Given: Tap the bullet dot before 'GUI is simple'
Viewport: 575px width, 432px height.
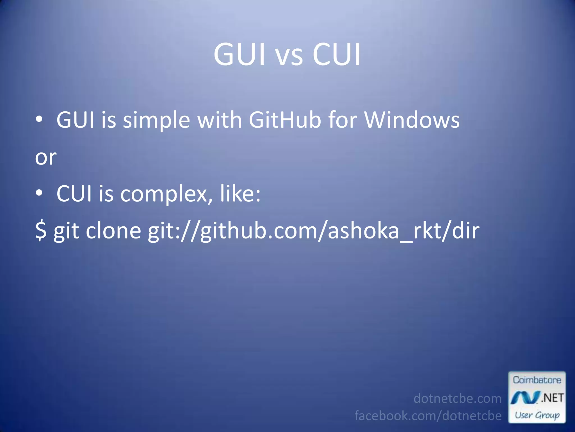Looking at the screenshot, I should click(x=39, y=119).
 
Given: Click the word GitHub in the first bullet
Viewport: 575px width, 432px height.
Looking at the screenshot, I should click(x=285, y=120).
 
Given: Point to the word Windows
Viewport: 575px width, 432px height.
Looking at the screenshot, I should click(x=412, y=120).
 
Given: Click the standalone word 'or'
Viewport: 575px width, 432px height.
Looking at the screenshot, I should click(x=46, y=157).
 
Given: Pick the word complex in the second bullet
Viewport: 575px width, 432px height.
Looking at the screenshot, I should click(x=164, y=195).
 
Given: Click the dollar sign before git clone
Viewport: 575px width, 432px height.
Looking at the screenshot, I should click(x=41, y=231).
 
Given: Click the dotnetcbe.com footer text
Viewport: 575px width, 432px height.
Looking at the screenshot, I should click(x=457, y=399).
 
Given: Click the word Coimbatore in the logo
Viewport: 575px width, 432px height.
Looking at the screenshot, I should click(x=537, y=380).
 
